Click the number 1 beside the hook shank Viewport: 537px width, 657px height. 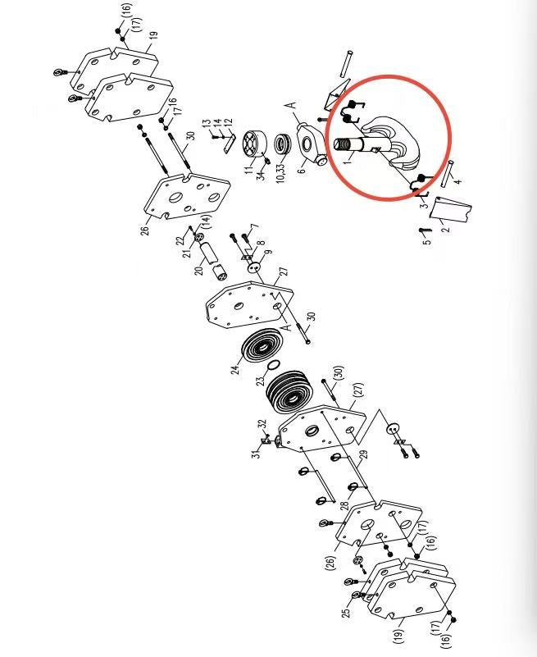(x=348, y=159)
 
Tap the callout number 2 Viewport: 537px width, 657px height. (x=446, y=227)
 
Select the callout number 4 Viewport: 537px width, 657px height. (x=458, y=181)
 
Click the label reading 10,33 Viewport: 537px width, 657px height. (x=280, y=171)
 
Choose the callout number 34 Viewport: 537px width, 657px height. (x=262, y=175)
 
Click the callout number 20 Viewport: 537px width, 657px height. (x=199, y=270)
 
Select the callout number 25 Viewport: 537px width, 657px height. (x=346, y=612)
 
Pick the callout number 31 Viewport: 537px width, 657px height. (x=257, y=453)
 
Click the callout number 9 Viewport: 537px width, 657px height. (x=269, y=253)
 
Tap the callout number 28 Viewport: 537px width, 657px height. (x=344, y=504)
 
